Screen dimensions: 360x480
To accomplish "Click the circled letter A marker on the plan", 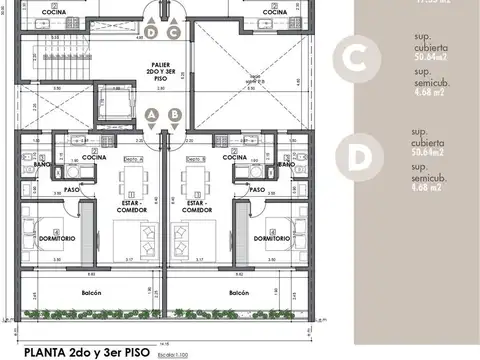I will pos(151,115).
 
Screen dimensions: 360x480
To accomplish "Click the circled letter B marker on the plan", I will pos(174,115).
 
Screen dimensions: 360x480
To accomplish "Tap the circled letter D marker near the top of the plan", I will pos(151,32).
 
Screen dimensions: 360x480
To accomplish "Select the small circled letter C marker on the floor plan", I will pos(174,32).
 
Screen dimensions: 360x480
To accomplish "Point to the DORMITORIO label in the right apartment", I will pos(272,239).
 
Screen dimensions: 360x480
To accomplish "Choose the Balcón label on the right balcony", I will pos(238,293).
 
